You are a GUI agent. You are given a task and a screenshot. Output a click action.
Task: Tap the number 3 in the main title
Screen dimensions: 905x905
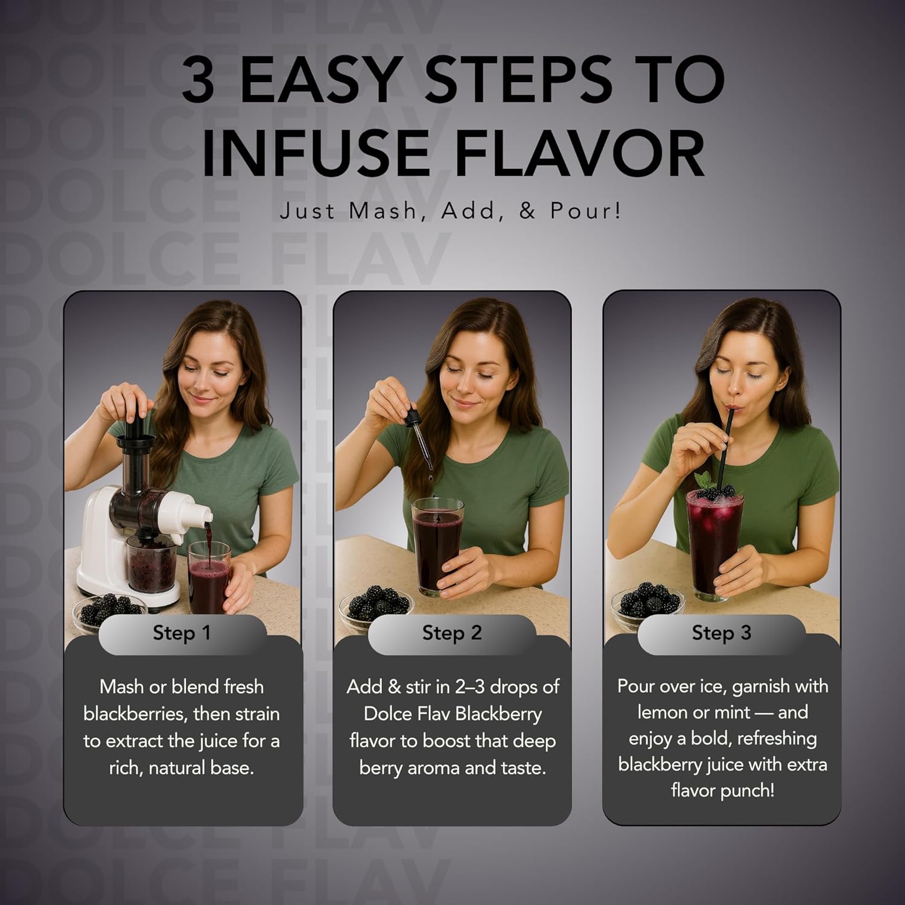[198, 79]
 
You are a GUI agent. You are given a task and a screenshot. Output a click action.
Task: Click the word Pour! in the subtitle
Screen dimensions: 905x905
[585, 211]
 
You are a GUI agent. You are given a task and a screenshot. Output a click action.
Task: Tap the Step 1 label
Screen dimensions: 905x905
[182, 633]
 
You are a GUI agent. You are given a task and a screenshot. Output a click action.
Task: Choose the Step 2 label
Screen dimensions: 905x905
[452, 633]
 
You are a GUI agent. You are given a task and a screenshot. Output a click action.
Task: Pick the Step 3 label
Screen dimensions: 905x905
[722, 633]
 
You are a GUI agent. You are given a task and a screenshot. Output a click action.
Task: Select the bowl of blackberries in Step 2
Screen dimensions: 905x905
[375, 605]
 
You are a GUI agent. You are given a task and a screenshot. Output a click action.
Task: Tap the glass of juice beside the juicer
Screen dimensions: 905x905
[209, 577]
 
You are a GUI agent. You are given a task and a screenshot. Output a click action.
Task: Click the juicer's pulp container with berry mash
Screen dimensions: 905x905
[151, 564]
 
